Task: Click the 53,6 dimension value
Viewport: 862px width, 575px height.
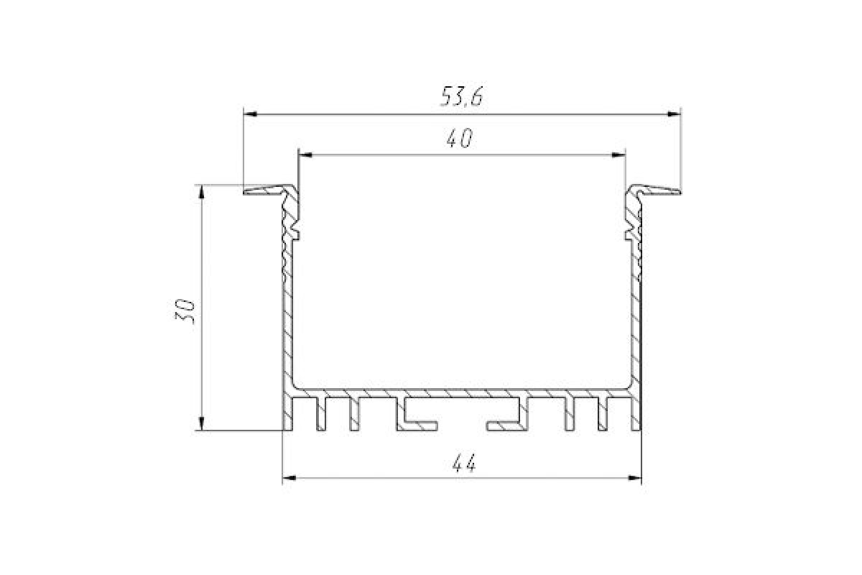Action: (461, 96)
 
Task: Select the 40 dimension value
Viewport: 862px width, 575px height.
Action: (459, 139)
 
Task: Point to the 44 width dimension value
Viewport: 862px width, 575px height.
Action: (464, 464)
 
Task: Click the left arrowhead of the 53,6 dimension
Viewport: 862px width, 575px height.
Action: (251, 114)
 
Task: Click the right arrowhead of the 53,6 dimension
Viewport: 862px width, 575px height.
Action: (674, 114)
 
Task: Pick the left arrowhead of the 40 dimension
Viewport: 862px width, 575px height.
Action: (305, 155)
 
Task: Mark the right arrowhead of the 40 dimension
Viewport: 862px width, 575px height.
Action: (618, 155)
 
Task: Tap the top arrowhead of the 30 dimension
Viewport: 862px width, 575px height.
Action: (201, 192)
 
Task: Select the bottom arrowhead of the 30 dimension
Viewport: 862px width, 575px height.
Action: (201, 423)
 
